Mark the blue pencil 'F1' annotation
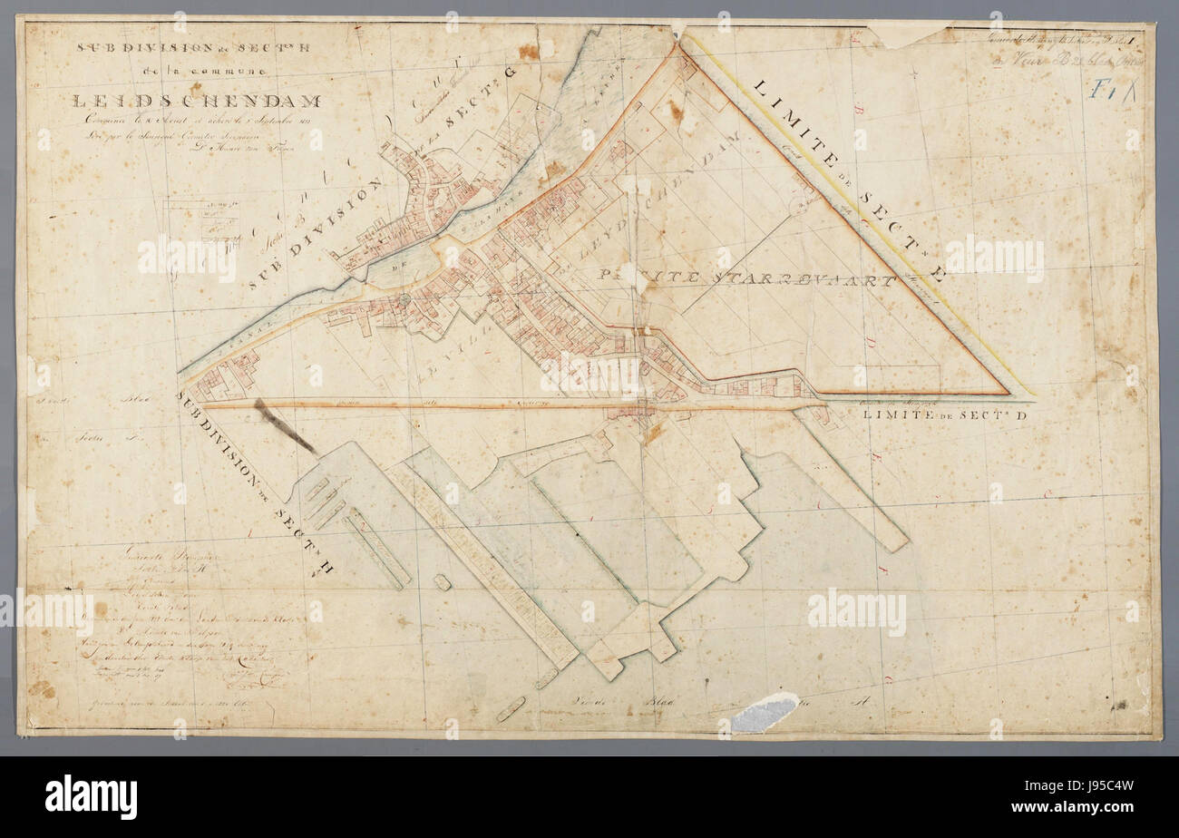[x=1107, y=90]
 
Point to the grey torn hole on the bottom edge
[x=764, y=712]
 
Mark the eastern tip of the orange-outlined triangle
[x=1007, y=393]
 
